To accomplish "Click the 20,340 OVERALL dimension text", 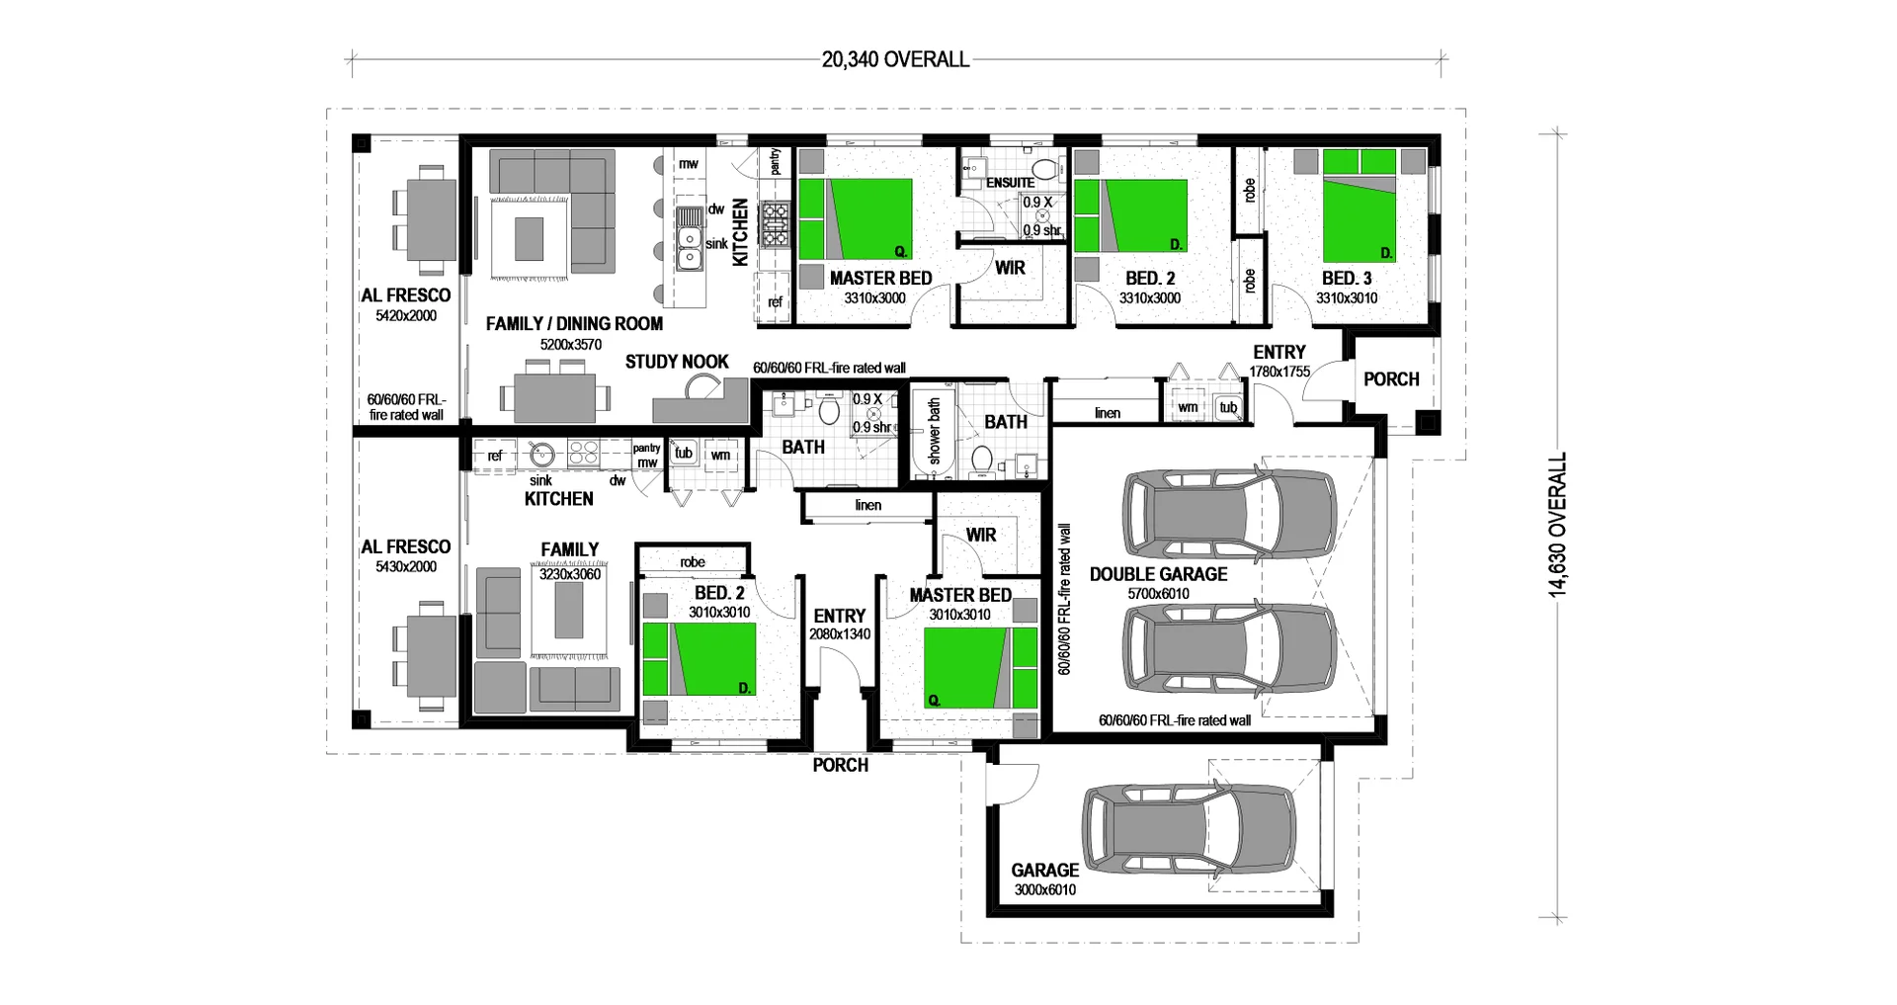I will (x=895, y=60).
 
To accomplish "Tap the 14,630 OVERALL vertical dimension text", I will (x=1558, y=525).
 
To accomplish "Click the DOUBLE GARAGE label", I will (x=1158, y=574).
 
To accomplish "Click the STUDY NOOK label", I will (x=677, y=362).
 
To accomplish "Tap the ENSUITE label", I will (x=1010, y=183).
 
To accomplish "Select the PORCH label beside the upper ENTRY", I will (x=1391, y=379).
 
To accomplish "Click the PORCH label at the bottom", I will (x=840, y=765).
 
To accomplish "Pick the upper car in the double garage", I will (x=1229, y=514).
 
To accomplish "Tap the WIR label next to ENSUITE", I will (x=1010, y=268).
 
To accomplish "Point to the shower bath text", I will (x=935, y=432).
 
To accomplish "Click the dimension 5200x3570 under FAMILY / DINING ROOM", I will (x=570, y=345).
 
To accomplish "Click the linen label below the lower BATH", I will (x=867, y=505).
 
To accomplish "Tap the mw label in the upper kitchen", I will (x=689, y=164).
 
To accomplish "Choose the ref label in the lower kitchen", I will (x=494, y=456).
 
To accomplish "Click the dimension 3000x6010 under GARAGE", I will (x=1044, y=889).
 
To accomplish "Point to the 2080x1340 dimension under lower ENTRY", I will (x=840, y=634).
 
